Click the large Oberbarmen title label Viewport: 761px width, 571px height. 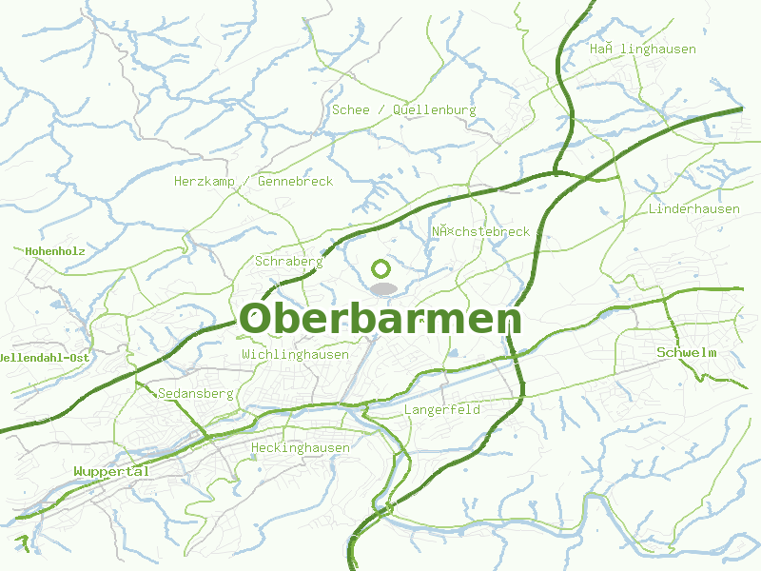[380, 319]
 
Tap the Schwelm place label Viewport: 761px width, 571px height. [686, 353]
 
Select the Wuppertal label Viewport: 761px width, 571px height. [111, 471]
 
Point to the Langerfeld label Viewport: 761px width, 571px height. [442, 410]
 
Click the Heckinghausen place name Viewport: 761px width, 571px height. [301, 447]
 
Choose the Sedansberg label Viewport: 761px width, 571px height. [196, 393]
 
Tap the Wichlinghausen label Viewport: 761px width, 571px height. [295, 354]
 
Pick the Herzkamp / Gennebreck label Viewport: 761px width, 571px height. [253, 181]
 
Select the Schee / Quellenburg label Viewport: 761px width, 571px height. [403, 110]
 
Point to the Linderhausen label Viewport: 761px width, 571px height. [693, 208]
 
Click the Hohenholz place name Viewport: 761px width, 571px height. [55, 251]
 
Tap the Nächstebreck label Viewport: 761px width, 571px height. [480, 231]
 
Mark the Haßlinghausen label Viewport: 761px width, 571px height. [642, 49]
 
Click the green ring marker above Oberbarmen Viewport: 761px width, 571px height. [381, 269]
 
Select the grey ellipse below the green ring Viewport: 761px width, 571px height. [382, 288]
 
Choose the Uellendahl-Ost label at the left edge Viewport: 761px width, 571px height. [45, 357]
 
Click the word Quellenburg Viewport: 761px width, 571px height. [433, 110]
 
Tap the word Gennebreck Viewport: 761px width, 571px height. [295, 181]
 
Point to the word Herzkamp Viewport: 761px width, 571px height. [204, 181]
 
